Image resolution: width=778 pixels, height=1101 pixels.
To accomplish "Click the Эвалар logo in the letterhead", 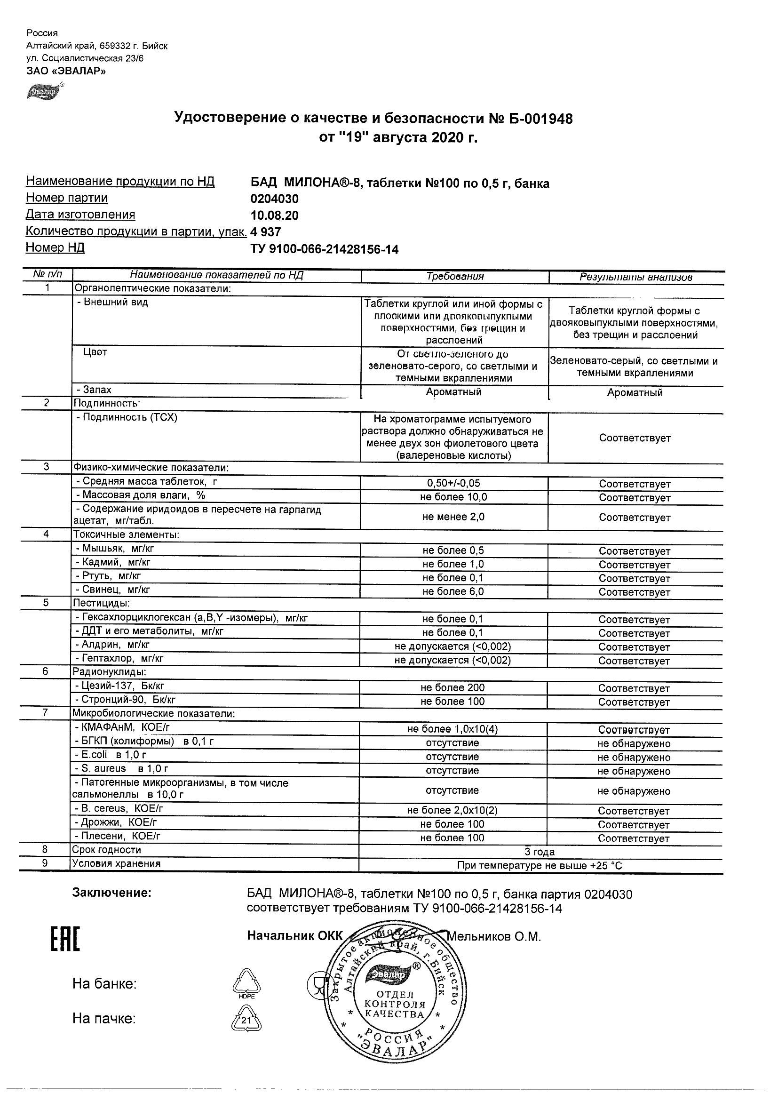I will pyautogui.click(x=45, y=91).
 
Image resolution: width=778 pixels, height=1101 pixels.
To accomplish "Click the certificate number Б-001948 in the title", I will pyautogui.click(x=541, y=119).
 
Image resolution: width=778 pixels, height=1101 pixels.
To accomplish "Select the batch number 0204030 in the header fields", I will pyautogui.click(x=274, y=199).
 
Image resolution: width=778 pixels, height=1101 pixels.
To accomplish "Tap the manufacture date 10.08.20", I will pyautogui.click(x=274, y=215).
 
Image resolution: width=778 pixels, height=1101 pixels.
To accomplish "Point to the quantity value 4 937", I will pyautogui.click(x=266, y=232).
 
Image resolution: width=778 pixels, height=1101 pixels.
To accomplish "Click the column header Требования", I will pyautogui.click(x=455, y=276).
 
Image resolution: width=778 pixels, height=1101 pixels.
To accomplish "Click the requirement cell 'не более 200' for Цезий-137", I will pyautogui.click(x=453, y=687).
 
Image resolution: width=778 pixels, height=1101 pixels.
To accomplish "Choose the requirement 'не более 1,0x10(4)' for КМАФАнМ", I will pyautogui.click(x=453, y=729).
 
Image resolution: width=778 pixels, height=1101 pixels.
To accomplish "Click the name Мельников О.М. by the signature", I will pyautogui.click(x=494, y=936).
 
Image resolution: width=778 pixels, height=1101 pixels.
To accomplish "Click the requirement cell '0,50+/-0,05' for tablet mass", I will pyautogui.click(x=453, y=483).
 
